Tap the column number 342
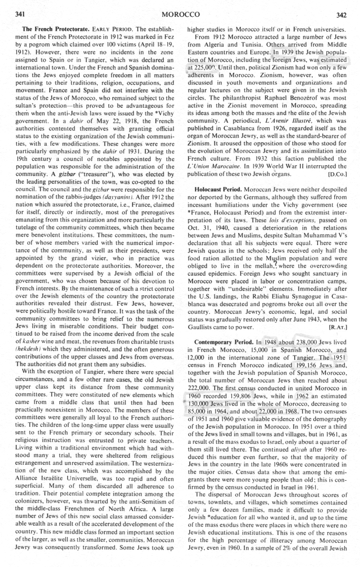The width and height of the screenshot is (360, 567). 341,14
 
